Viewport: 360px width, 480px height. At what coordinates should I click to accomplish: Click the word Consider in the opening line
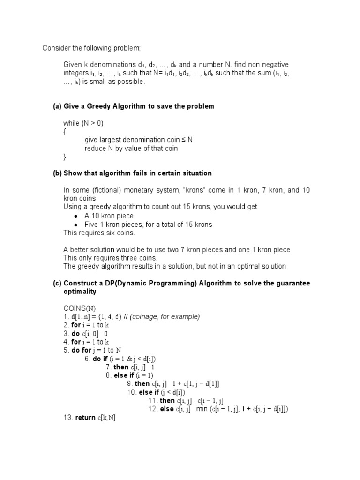tap(56, 48)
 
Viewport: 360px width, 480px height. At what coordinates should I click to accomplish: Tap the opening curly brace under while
tap(65, 132)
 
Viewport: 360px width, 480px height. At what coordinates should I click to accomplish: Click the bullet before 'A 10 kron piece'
tap(76, 216)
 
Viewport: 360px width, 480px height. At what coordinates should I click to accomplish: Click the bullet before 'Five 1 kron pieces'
tap(76, 225)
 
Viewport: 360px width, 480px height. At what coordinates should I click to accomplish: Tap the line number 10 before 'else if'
tap(131, 392)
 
